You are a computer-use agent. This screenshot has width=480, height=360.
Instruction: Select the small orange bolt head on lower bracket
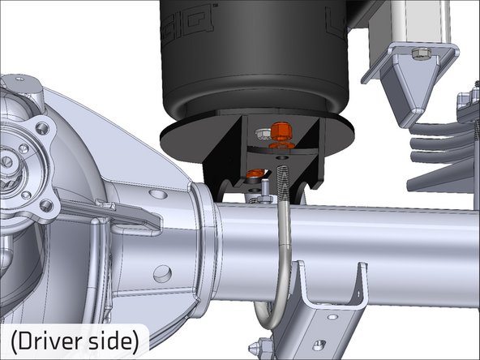tap(255, 173)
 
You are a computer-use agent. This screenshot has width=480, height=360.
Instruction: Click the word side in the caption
tap(117, 341)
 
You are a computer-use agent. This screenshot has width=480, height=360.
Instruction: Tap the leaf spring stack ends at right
tap(438, 146)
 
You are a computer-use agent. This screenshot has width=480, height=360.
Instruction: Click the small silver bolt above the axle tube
tap(264, 190)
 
